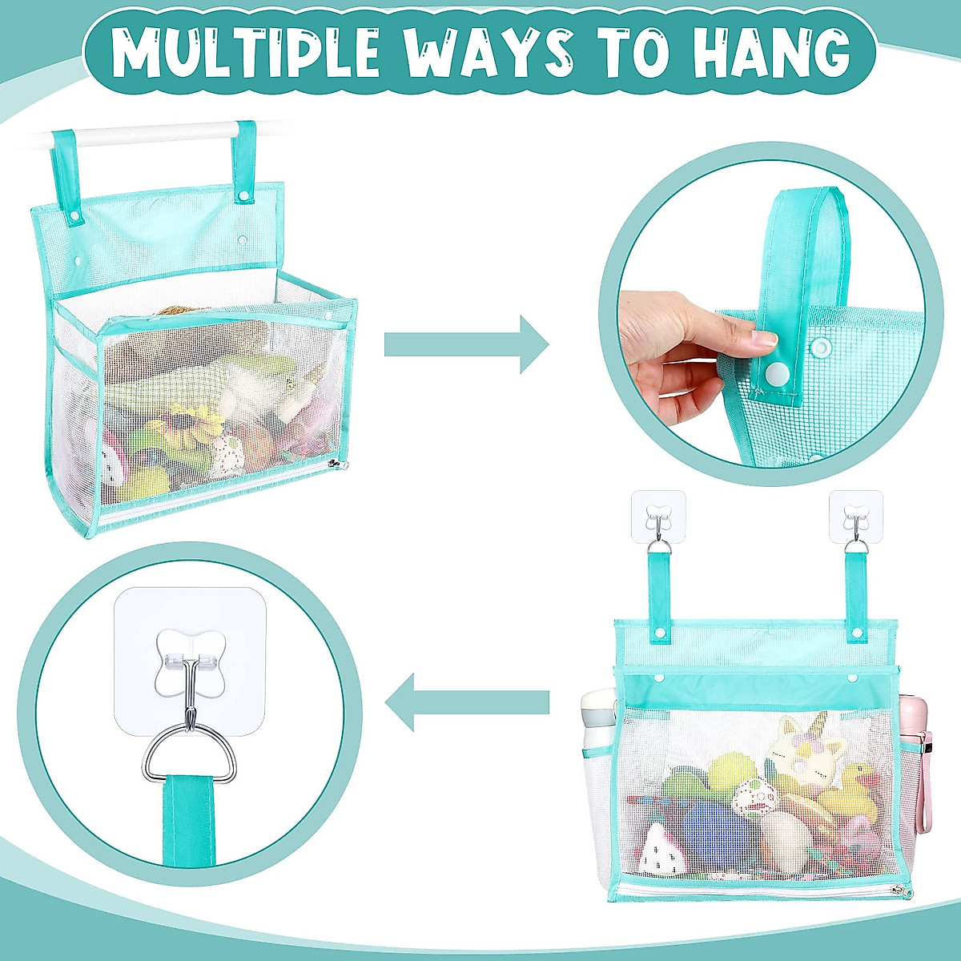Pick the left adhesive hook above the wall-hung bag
tap(658, 513)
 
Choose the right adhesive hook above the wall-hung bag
tap(856, 513)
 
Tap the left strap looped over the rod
tap(62, 168)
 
